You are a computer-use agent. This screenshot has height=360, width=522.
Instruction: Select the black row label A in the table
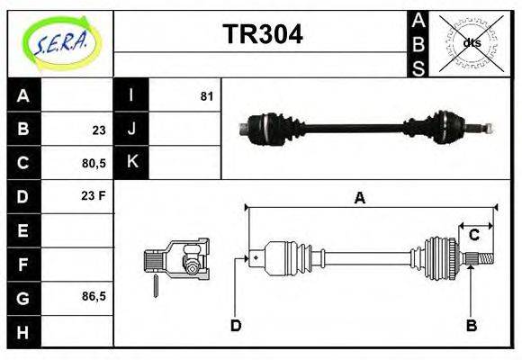23,95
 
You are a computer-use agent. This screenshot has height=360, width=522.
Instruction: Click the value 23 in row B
98,130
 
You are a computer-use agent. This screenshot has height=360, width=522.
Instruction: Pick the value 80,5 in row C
94,164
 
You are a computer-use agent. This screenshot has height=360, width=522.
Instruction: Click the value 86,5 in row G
94,296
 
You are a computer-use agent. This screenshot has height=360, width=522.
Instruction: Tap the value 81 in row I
206,95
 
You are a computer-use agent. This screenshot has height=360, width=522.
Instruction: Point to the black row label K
131,163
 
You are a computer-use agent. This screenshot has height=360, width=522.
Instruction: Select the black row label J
131,130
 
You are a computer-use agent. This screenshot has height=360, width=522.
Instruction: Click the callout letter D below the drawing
236,325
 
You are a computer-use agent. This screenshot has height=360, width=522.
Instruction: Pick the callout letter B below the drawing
470,325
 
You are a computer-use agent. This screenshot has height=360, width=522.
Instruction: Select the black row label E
23,231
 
